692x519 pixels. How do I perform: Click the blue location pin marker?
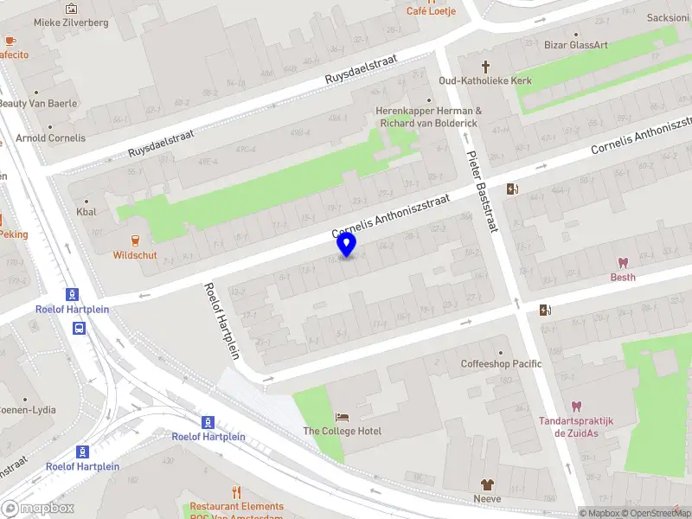tap(346, 244)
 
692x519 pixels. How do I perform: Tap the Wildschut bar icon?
tap(135, 240)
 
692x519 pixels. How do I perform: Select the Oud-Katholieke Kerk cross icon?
tap(485, 66)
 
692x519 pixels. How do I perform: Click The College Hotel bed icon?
tap(342, 417)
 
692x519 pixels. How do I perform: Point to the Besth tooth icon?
tap(622, 262)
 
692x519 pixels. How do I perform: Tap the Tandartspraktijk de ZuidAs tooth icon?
tap(576, 406)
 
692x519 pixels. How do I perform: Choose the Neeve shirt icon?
tap(487, 484)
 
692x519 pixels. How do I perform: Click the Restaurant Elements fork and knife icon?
tap(237, 492)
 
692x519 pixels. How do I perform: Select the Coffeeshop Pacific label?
tap(501, 363)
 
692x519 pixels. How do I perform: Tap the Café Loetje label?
tap(431, 11)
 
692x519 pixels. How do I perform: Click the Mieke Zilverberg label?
tap(71, 22)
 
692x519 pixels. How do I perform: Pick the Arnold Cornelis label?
tap(50, 138)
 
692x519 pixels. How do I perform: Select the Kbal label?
tap(86, 211)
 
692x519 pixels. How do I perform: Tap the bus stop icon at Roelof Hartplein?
tap(79, 328)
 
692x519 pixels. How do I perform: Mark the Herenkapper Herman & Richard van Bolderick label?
tap(428, 117)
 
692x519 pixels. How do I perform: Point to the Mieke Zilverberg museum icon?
tap(71, 9)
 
